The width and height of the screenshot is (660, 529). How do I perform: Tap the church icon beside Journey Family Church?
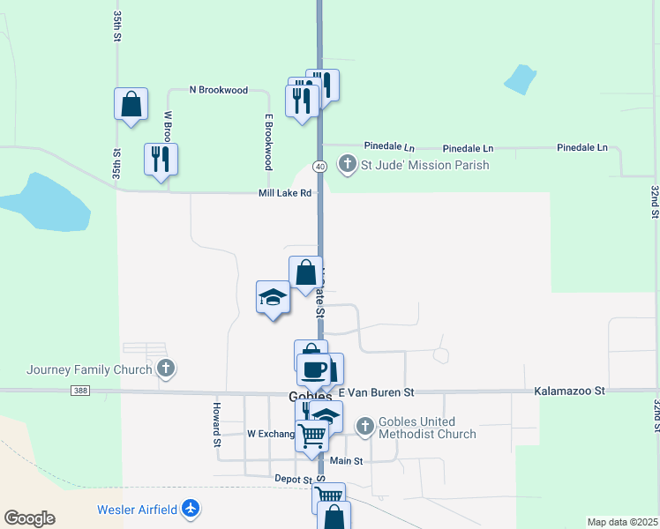point(165,369)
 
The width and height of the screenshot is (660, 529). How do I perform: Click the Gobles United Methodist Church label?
point(427,428)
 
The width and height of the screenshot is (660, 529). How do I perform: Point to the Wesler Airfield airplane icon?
point(191,509)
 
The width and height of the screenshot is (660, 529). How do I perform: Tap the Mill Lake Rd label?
point(285,193)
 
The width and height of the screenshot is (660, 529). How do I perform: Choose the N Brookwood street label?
point(219,90)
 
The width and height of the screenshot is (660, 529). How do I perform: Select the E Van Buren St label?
point(375,391)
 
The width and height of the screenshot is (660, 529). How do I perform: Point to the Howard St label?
point(216,425)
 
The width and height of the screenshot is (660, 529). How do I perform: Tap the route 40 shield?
point(319,166)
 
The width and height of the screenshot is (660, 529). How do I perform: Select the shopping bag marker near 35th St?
point(131,103)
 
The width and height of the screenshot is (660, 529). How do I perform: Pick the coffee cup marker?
point(313,369)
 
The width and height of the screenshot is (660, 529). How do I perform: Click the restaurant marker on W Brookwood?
point(161,159)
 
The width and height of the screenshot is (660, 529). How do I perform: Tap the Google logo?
point(29,518)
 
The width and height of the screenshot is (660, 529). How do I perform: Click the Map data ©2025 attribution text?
point(621,522)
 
